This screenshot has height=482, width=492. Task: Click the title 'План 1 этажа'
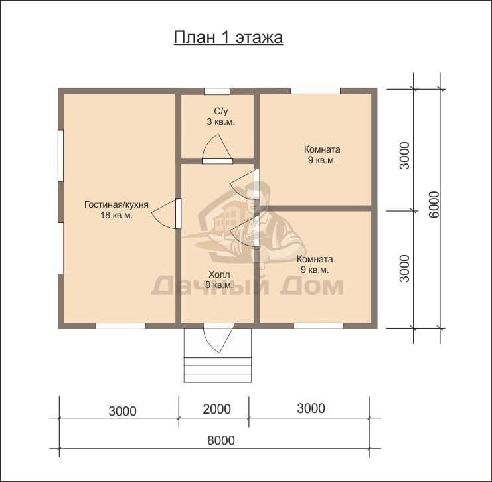tap(228, 38)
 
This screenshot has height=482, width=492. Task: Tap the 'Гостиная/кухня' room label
tap(116, 205)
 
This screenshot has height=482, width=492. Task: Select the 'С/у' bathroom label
tap(221, 111)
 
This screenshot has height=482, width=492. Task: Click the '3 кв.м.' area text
tap(220, 121)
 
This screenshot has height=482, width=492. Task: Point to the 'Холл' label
tap(219, 275)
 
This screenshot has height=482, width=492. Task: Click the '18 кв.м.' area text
tap(116, 216)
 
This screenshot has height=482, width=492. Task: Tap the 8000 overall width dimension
tap(221, 441)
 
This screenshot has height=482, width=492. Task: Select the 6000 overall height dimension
tap(435, 204)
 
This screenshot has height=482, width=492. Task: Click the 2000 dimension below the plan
tap(216, 409)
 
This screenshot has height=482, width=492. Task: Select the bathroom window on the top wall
tap(217, 92)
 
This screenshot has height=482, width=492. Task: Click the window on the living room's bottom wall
tap(120, 326)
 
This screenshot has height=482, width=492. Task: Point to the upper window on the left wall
tap(61, 155)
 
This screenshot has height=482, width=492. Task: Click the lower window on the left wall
tap(61, 248)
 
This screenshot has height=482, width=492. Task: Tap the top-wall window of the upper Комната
tap(315, 91)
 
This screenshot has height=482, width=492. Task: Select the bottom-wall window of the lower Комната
tap(319, 326)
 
